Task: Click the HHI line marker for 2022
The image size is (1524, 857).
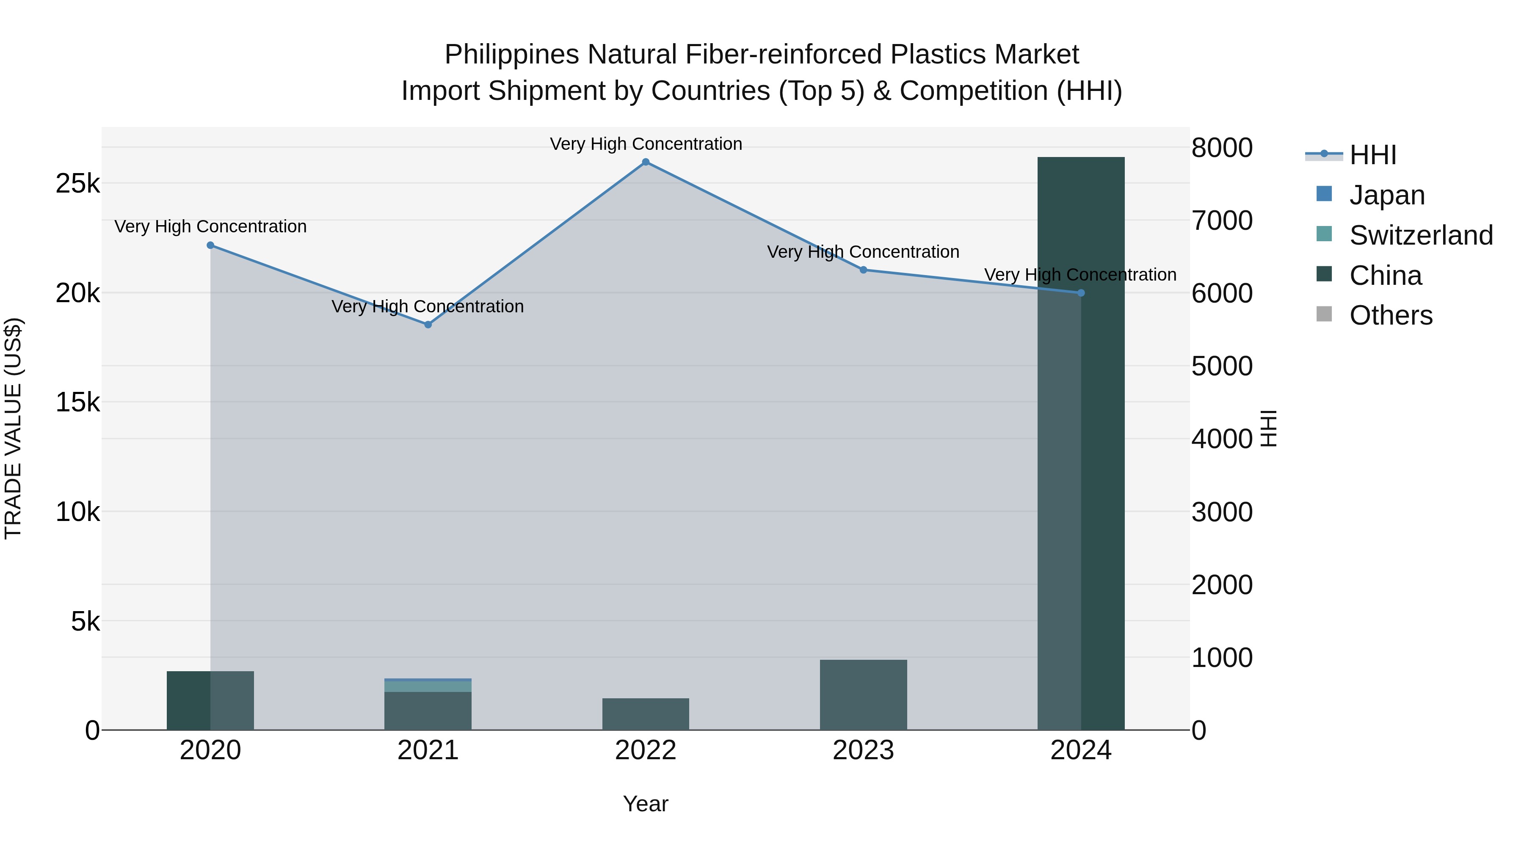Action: click(646, 162)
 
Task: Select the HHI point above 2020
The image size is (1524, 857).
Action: click(211, 245)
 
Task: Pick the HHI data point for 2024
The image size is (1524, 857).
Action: click(1081, 293)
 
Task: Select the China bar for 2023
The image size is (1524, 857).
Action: click(863, 695)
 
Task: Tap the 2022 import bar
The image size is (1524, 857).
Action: click(646, 714)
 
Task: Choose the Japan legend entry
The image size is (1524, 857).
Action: click(1387, 195)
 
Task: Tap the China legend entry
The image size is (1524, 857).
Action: click(1386, 276)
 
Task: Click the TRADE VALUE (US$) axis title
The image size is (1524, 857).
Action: click(13, 429)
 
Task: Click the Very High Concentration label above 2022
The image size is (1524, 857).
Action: click(646, 144)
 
